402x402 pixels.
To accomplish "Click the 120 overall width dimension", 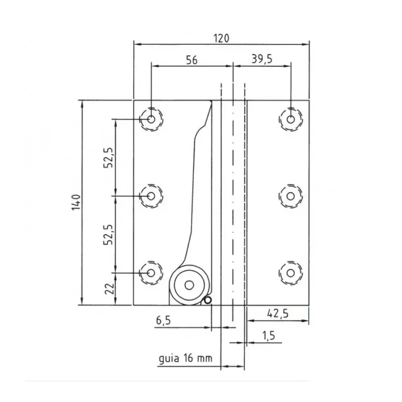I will [222, 38].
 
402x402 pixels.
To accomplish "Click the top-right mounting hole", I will [290, 119].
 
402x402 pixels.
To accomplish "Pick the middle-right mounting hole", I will [290, 195].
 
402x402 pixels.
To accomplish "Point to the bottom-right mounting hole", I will [290, 272].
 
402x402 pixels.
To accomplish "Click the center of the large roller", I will [189, 285].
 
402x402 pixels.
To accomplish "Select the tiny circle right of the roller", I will [208, 300].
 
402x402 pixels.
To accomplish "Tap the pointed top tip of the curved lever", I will [211, 102].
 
